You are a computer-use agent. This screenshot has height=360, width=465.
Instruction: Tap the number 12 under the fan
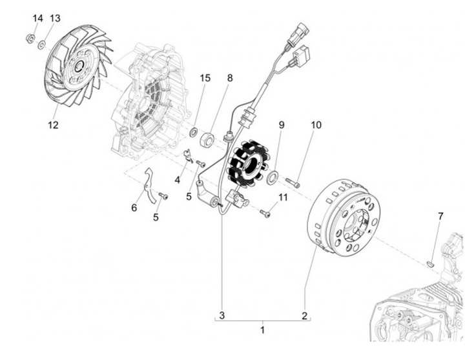coord(53,125)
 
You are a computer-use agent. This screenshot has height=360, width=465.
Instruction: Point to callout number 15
coord(205,78)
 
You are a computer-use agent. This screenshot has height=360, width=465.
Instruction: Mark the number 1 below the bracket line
coord(262,330)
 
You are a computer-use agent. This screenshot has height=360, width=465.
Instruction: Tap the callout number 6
coord(134,208)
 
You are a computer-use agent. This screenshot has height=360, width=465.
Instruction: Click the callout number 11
coord(283,196)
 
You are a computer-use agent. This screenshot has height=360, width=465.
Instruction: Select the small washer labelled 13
coord(41,45)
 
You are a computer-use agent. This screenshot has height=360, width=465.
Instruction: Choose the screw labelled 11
coord(265,212)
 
